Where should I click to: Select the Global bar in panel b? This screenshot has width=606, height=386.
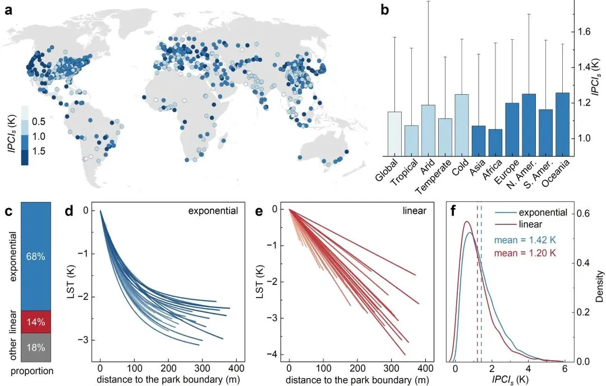(x=394, y=134)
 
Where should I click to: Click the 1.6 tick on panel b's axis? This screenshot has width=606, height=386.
(x=586, y=31)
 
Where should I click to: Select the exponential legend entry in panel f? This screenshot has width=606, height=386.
(x=541, y=213)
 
